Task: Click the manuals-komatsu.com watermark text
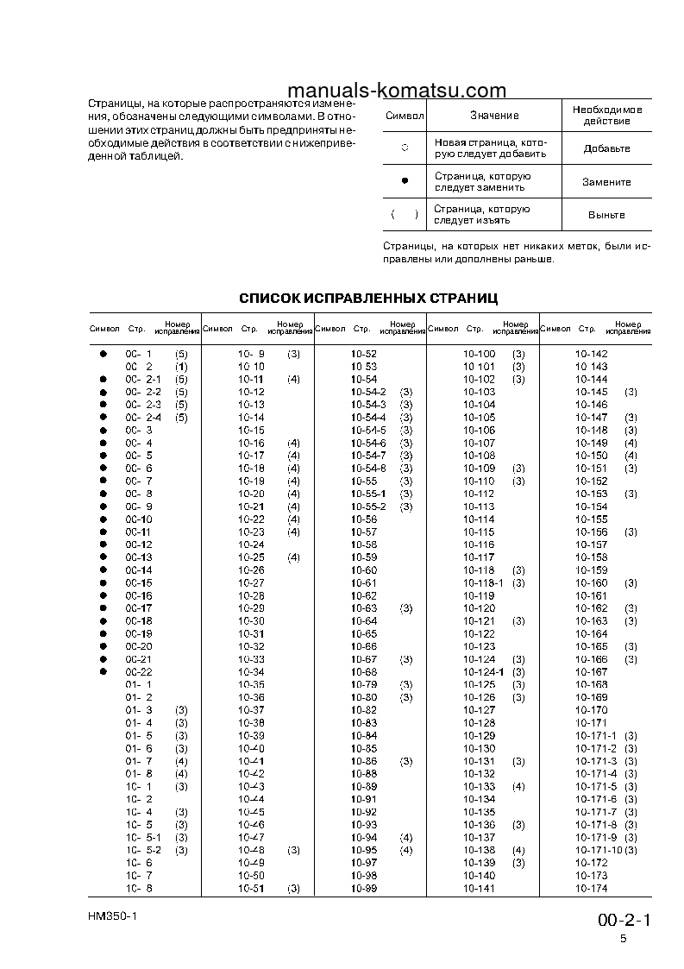click(x=396, y=91)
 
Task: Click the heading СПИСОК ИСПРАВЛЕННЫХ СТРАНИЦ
click(x=368, y=299)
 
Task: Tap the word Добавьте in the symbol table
click(x=606, y=148)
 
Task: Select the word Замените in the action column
click(x=606, y=182)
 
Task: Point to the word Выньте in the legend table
click(x=606, y=215)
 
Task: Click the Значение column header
click(x=494, y=116)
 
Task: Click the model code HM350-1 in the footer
click(x=112, y=916)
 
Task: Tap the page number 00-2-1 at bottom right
click(x=624, y=920)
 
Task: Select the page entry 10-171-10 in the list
click(x=599, y=850)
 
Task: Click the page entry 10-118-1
click(x=483, y=583)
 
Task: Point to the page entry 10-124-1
click(x=483, y=672)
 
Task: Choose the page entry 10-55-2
click(x=369, y=507)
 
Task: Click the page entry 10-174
click(x=591, y=888)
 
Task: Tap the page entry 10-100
click(x=480, y=354)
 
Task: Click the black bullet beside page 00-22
click(x=102, y=672)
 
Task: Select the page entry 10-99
click(x=364, y=888)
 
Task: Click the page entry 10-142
click(x=591, y=354)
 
